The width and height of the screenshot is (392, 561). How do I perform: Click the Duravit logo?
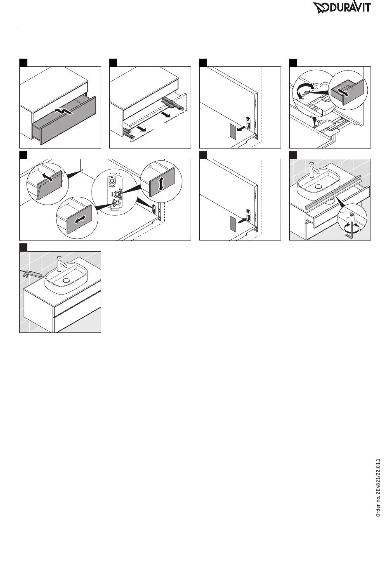[x=342, y=8]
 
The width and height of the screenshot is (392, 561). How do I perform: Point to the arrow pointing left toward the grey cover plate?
[x=241, y=128]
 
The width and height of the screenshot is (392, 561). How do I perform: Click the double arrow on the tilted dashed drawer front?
[x=47, y=177]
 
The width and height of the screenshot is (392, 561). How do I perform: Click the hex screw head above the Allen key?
[x=352, y=214]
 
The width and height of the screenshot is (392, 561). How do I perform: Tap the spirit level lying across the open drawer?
[x=334, y=192]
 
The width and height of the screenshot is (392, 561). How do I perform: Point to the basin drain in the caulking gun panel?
[x=66, y=280]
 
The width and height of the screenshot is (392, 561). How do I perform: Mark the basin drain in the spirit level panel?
[x=319, y=186]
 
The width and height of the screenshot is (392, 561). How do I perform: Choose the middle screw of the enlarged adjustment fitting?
[x=116, y=194]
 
